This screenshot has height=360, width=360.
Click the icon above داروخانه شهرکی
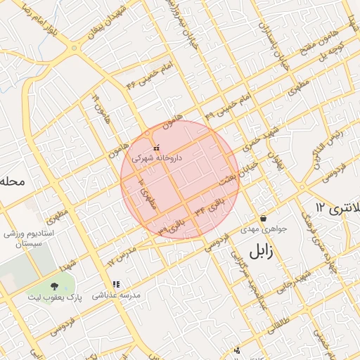[x=156, y=148]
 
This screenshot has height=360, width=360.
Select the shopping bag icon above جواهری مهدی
[x=263, y=219]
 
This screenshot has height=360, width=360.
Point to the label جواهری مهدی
[x=260, y=229]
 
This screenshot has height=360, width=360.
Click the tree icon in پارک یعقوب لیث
[x=55, y=286]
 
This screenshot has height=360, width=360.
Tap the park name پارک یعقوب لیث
[x=56, y=297]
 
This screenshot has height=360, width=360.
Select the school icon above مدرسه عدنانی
[x=116, y=285]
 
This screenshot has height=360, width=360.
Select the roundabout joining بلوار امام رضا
[x=74, y=49]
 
